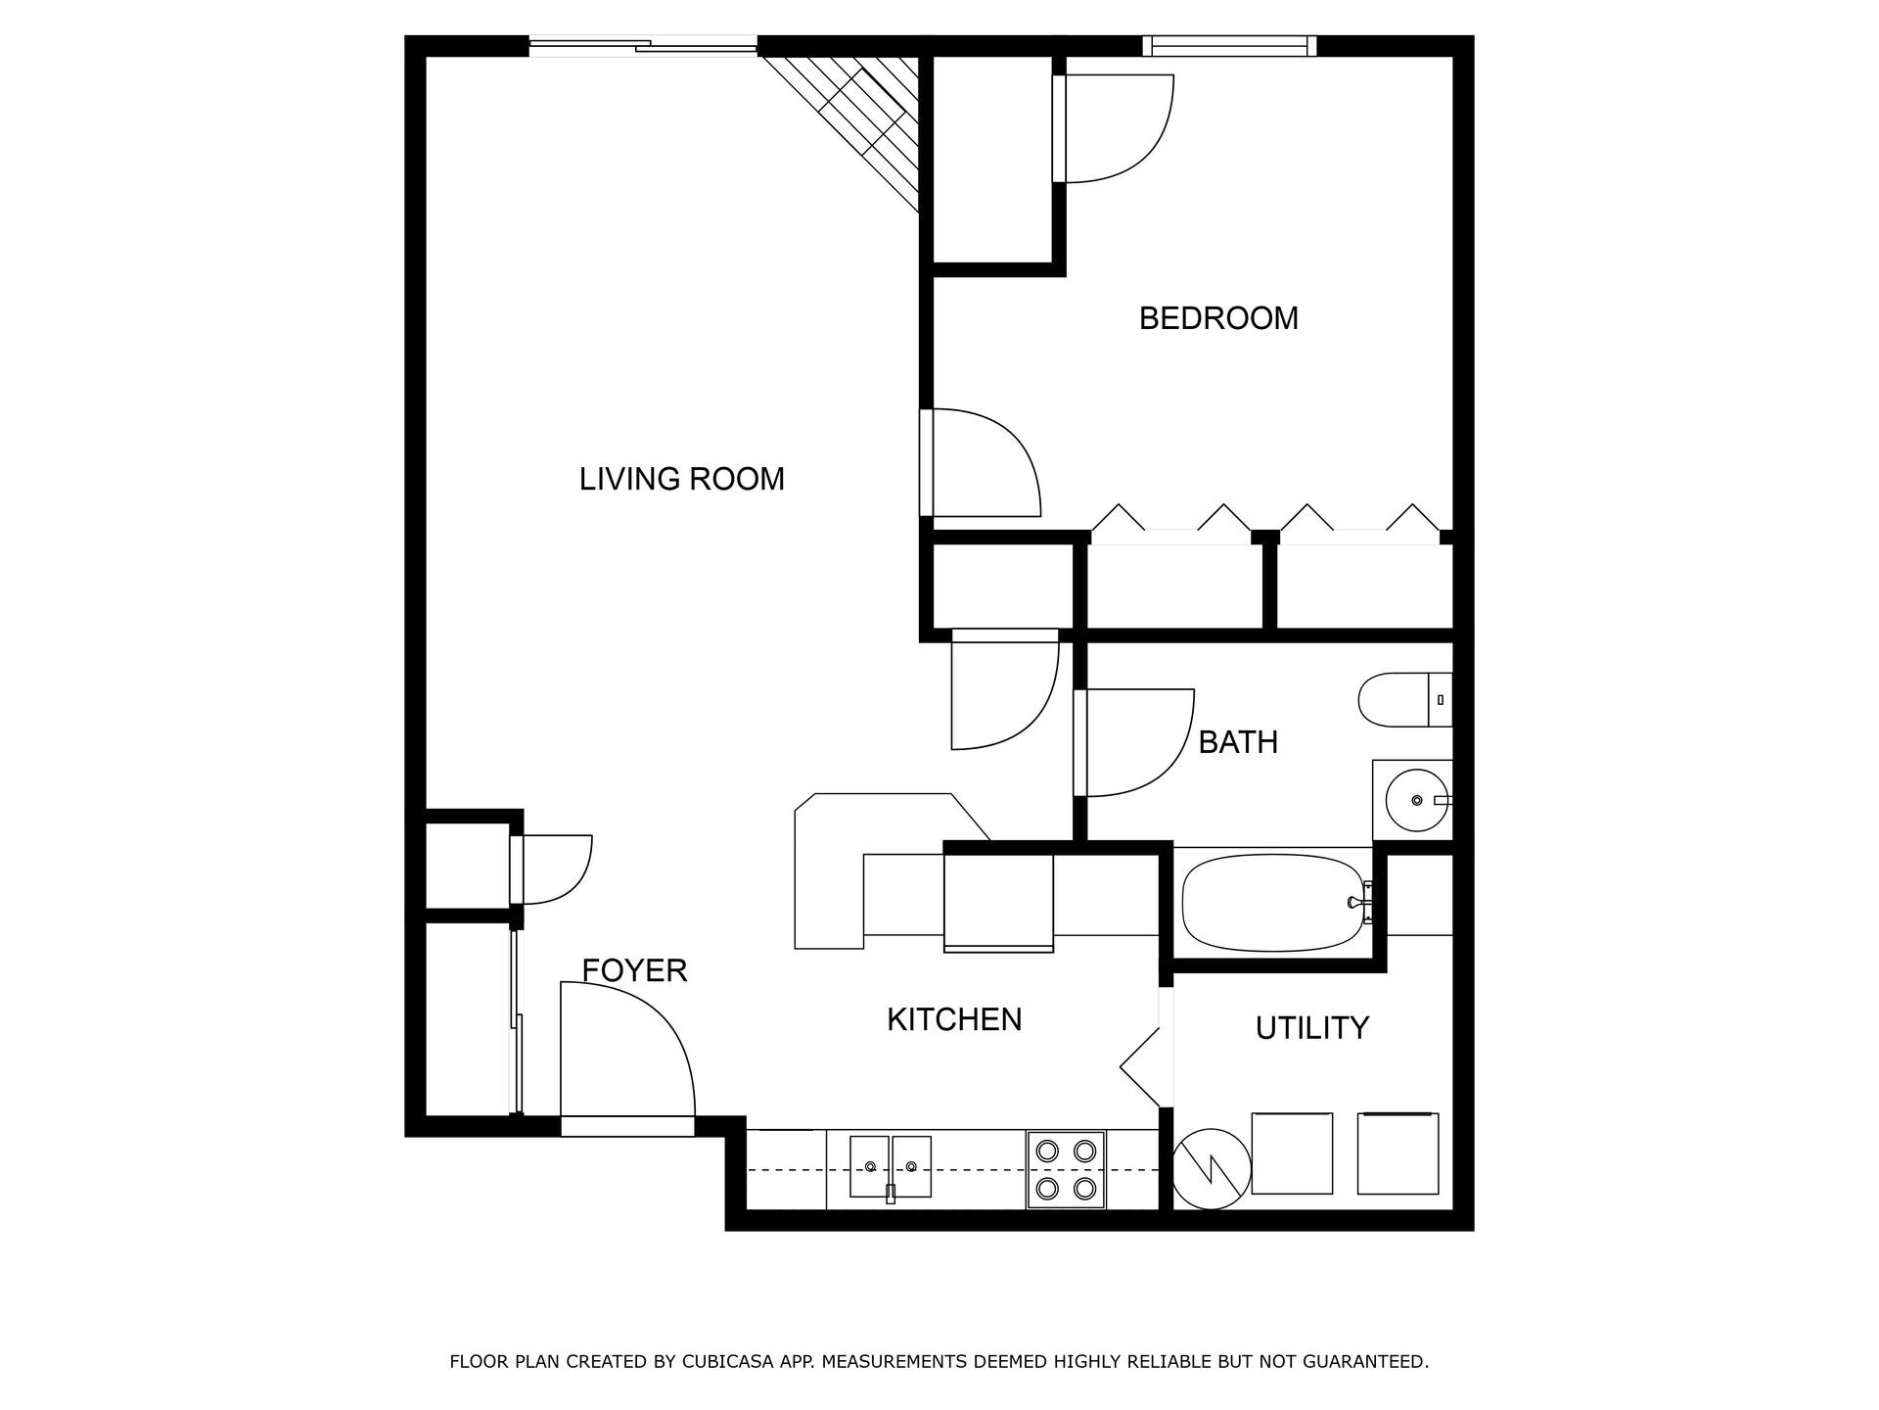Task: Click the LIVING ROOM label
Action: [x=681, y=479]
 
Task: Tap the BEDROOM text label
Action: [x=1217, y=318]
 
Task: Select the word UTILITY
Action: [x=1311, y=1028]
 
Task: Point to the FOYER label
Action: [x=634, y=970]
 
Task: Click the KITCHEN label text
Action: [x=954, y=1019]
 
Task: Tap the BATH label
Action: [x=1237, y=742]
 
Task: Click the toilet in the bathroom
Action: [x=1403, y=699]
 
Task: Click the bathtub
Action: [x=1272, y=902]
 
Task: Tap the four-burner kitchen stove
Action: [x=1066, y=1169]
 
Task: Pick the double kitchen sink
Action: [x=890, y=1166]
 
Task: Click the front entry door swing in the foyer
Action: [x=626, y=1053]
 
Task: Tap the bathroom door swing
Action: [x=1135, y=742]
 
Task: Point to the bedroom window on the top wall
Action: [x=1228, y=45]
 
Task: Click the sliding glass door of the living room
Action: [x=643, y=44]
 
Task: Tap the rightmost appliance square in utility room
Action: [x=1398, y=1153]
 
